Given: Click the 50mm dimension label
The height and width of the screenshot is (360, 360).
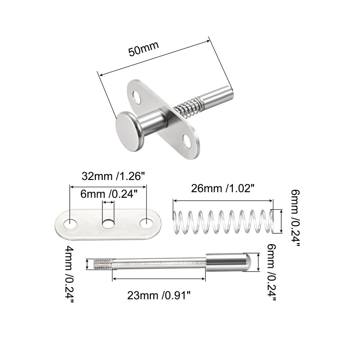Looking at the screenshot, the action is (144, 49).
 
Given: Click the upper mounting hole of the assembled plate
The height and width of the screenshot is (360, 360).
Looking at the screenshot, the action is (138, 98).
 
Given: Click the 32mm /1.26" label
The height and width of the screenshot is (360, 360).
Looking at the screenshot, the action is (114, 176).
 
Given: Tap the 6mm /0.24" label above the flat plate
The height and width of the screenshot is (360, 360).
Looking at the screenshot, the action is (109, 194).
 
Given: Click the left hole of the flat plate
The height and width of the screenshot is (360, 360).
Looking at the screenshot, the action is (70, 224).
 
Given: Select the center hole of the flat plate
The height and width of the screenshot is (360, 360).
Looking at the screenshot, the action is (108, 224).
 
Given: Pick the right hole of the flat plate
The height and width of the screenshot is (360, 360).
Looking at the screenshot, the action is (146, 224).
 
